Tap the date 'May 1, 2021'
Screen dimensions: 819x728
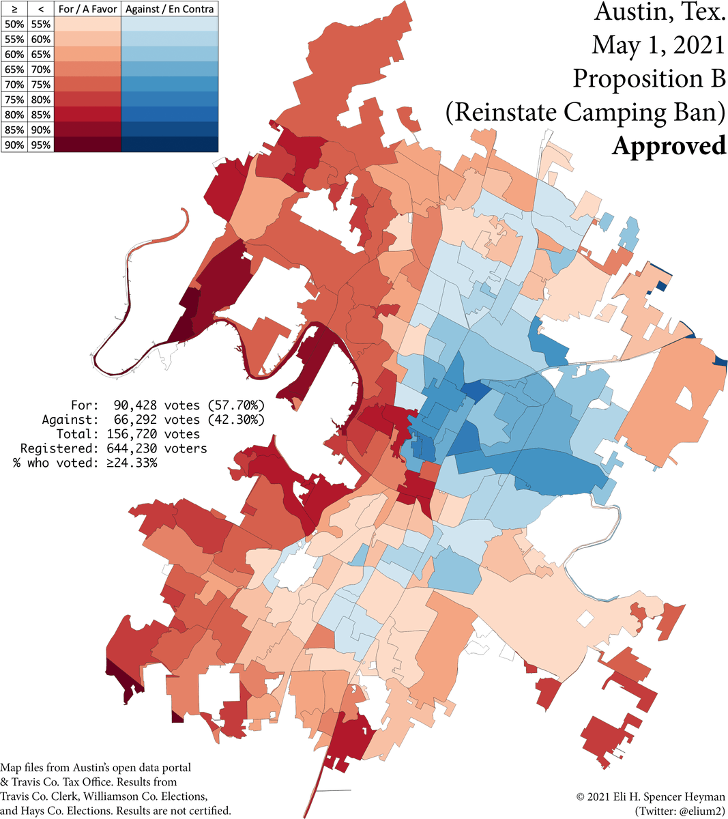click(x=658, y=45)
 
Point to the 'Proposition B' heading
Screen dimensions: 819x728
click(x=649, y=78)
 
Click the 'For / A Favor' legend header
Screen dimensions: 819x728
click(x=88, y=9)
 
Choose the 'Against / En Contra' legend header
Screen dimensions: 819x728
click(x=170, y=9)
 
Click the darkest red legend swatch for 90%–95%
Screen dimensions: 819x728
click(x=88, y=145)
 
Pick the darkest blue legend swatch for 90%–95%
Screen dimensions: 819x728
click(x=170, y=145)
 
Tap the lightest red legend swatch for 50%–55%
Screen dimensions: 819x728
click(x=88, y=25)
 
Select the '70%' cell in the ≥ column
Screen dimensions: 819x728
click(x=14, y=85)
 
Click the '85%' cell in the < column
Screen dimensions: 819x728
click(x=40, y=115)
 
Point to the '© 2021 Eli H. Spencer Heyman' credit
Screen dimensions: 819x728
click(x=651, y=797)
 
